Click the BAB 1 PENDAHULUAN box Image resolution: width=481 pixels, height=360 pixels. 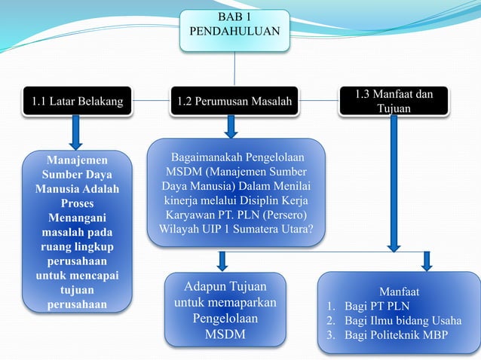click(x=234, y=29)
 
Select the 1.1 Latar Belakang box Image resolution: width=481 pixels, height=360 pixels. click(x=77, y=101)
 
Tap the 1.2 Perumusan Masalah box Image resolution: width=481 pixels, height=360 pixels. click(x=234, y=101)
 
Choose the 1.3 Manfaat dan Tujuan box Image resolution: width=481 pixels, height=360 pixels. click(x=394, y=102)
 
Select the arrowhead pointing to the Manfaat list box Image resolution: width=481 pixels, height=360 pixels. click(x=426, y=264)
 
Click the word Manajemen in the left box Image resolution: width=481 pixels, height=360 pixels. click(x=76, y=160)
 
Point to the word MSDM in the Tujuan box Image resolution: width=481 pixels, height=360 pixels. click(x=225, y=334)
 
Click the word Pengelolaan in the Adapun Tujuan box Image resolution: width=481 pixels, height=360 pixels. click(x=225, y=318)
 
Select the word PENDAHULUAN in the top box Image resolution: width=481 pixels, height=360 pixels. click(x=234, y=32)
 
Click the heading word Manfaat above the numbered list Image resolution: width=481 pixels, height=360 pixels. click(x=399, y=291)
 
